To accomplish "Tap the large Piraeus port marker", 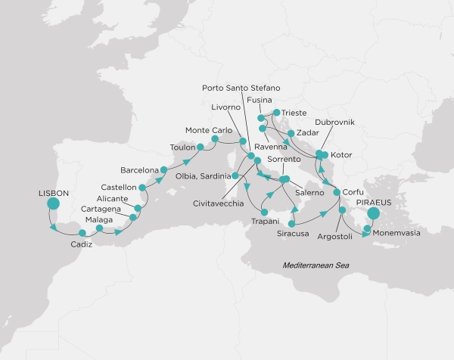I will (372, 214).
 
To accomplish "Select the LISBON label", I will (53, 193).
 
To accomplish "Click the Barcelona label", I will (139, 169).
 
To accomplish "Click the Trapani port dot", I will (263, 211).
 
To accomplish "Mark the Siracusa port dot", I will (294, 223).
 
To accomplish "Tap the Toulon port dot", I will (201, 147).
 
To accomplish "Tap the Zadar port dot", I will (291, 132).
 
